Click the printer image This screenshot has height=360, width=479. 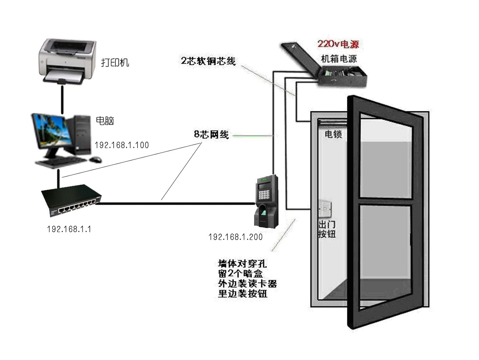pos(67,62)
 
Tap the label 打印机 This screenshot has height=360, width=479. pos(115,63)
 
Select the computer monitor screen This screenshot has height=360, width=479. pos(52,132)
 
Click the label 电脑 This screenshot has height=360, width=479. pos(105,120)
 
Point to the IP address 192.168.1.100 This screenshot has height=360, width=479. pos(122,145)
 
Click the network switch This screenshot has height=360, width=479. pos(72,201)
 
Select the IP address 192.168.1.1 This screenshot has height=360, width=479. pos(69,229)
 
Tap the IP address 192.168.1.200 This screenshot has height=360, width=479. pos(236,237)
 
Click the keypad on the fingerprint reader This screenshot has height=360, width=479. pos(264,195)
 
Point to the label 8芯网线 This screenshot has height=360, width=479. pos(211,134)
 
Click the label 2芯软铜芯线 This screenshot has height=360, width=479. pos(208,61)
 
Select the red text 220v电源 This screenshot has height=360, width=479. pos(338,44)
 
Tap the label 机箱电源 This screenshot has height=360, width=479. pos(339,59)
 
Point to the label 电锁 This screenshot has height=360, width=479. pos(333,134)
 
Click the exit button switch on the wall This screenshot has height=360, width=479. pos(325,209)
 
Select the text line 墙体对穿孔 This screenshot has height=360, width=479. pos(242,264)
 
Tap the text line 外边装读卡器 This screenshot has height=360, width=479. pos(248,284)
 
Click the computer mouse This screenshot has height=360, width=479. pos(95,159)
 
